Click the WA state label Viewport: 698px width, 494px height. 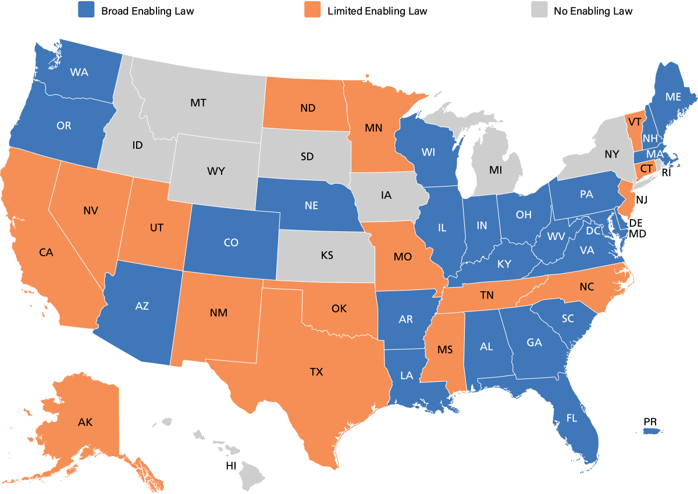coord(79,73)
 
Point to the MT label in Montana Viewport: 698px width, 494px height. coord(198,103)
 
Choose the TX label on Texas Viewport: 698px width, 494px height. coord(316,372)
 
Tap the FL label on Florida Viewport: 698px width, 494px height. coord(572,417)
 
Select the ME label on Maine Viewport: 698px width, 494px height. coord(673,97)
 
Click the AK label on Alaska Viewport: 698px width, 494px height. coord(86,422)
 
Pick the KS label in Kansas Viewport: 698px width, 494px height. coord(327,255)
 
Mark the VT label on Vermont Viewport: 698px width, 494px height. coord(635,122)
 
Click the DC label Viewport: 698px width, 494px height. coord(593,231)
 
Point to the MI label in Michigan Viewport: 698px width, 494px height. coord(496,170)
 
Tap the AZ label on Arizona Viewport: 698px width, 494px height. coord(142,306)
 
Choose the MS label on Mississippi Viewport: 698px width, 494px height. coord(445,350)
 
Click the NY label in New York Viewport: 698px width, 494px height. coord(612,154)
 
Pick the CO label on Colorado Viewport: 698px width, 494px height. coord(231,242)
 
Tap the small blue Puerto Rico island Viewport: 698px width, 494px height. coord(654,431)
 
